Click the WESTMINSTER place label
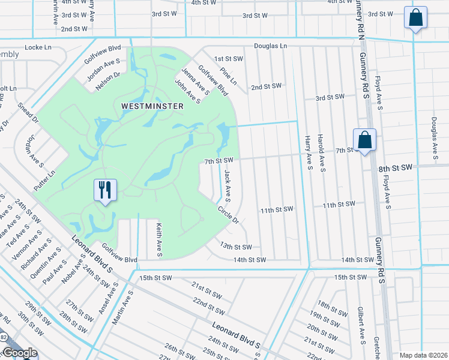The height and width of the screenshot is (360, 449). click(143, 105)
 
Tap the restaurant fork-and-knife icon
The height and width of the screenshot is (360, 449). click(105, 190)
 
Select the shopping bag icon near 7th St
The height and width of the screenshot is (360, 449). click(364, 140)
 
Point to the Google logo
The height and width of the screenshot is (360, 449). click(19, 353)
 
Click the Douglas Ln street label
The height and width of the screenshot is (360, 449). click(270, 46)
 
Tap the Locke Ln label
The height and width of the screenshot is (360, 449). click(39, 47)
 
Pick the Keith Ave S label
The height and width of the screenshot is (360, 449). click(159, 239)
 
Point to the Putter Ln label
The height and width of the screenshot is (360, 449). click(44, 179)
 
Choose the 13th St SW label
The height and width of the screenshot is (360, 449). click(235, 247)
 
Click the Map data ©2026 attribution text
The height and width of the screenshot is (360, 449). click(423, 355)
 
